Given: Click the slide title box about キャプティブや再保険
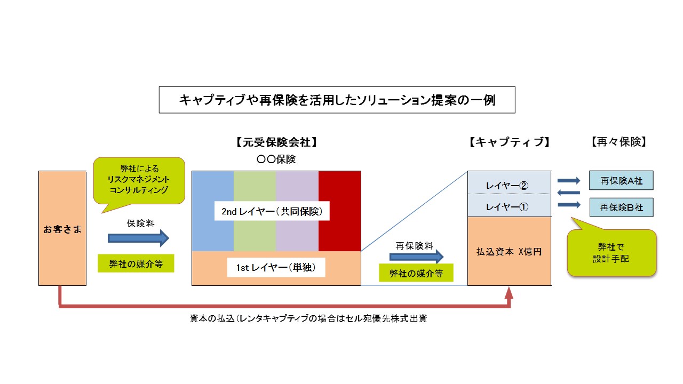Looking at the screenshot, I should pos(337,100).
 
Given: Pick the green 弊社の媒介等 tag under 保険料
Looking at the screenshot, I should pos(136,264).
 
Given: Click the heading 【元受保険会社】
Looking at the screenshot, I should pos(276,142).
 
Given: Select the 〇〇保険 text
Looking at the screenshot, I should pos(276,159).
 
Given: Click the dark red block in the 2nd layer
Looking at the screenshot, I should pos(339,211).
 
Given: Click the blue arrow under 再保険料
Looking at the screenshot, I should pos(416,257).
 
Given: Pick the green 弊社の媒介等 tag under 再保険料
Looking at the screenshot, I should pos(416,274).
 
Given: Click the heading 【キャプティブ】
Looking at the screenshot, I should pos(509,142).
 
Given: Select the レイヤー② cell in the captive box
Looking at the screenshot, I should pos(509,185).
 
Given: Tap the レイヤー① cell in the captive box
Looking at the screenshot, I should pos(509,207).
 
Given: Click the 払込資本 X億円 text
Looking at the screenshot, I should pos(509,251).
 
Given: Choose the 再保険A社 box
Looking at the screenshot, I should pos(621,181).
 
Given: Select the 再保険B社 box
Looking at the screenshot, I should pos(621,207).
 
